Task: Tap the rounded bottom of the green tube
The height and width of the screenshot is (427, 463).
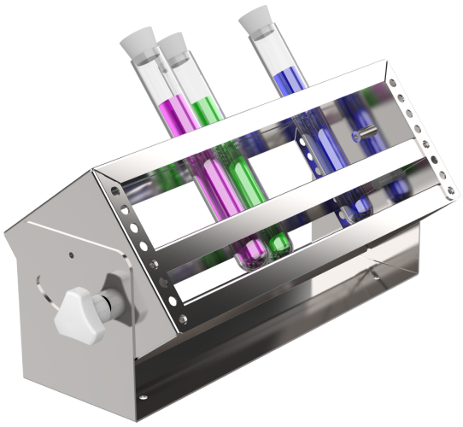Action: click(x=279, y=247)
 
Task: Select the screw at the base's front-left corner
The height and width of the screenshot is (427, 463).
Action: click(x=142, y=395)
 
